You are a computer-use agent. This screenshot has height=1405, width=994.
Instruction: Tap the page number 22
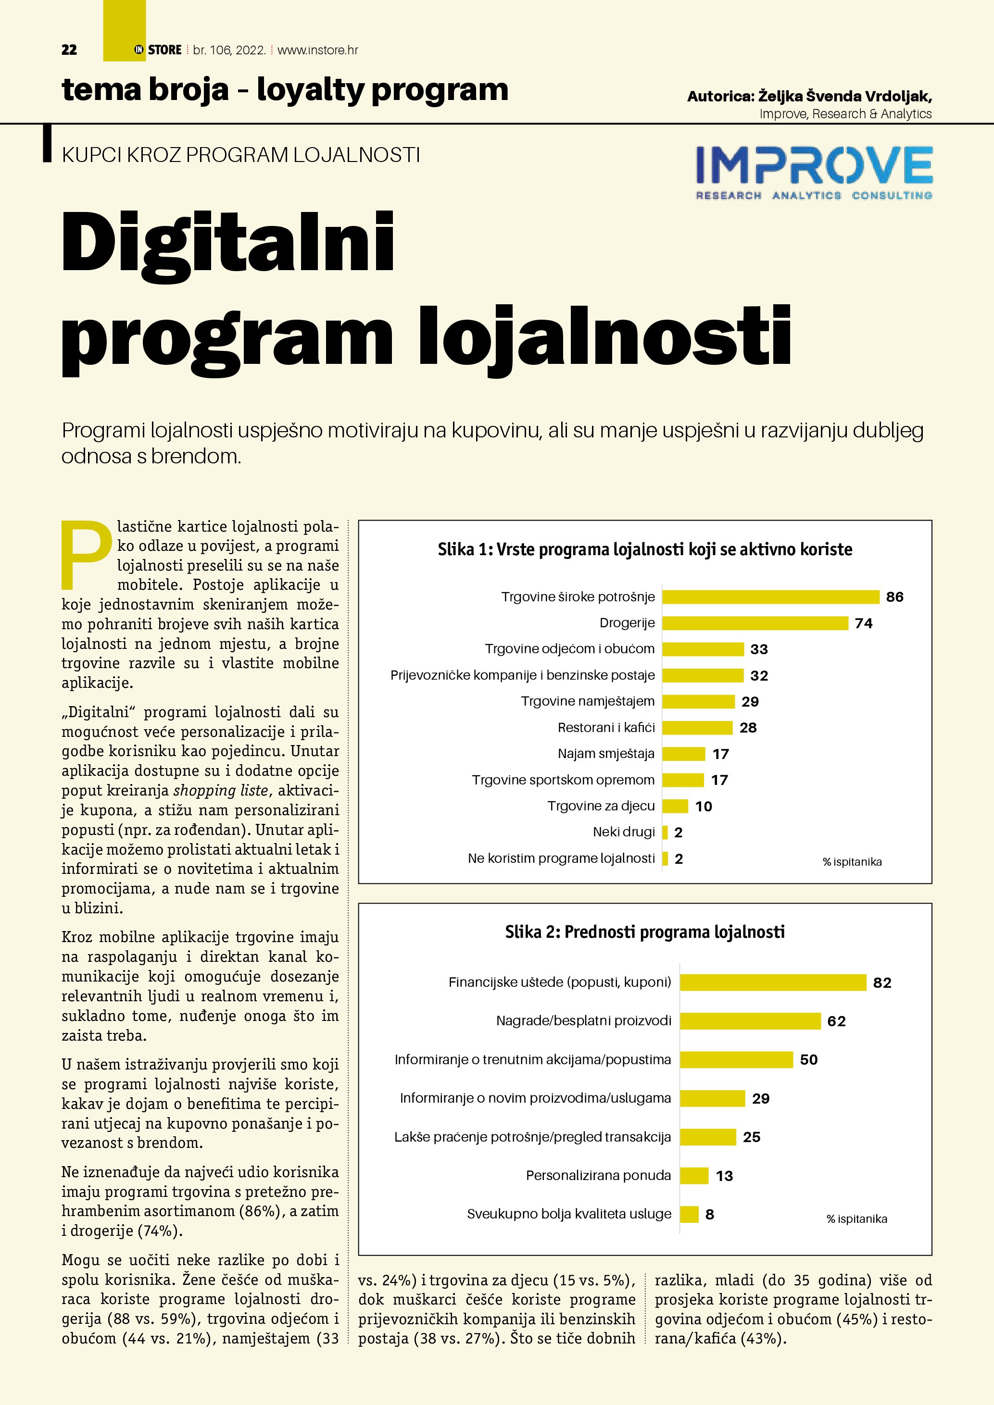69,50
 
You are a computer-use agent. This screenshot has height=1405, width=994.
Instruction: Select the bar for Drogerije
755,623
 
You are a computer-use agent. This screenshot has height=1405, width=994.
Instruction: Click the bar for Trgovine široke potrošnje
770,597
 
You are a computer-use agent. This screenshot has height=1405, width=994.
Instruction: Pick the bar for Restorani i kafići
697,728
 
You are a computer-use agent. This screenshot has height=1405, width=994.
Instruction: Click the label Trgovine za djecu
601,806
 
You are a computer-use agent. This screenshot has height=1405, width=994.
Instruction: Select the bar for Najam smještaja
684,754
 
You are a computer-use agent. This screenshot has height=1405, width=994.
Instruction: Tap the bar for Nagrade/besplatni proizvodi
750,1021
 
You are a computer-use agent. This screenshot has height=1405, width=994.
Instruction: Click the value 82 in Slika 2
882,983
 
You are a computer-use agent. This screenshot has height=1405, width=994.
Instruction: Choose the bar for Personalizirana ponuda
694,1176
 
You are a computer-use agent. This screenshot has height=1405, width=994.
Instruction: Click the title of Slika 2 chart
644,932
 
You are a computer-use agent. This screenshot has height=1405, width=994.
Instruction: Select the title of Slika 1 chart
644,549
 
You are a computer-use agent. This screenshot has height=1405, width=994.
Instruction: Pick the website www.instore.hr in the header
318,50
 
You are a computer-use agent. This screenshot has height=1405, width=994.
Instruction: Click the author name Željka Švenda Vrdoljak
844,96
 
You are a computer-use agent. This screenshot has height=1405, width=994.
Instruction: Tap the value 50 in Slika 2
808,1060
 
